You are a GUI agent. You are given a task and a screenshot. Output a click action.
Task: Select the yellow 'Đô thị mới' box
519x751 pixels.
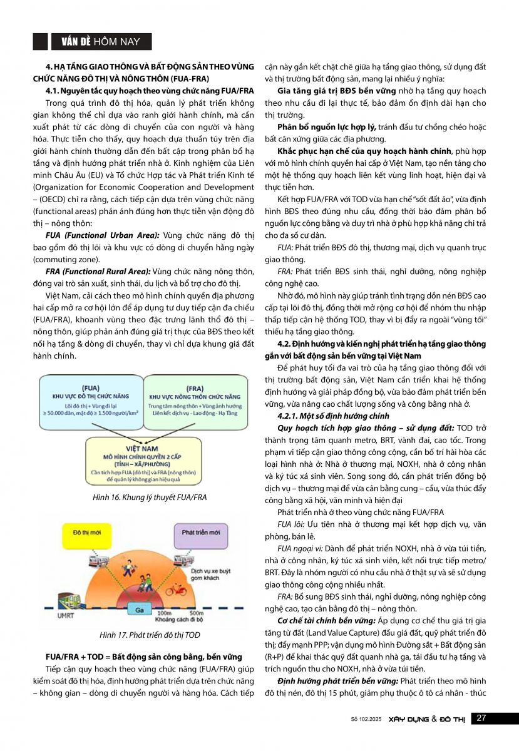84,532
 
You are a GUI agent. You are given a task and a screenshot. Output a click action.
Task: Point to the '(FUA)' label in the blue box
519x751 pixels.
90,386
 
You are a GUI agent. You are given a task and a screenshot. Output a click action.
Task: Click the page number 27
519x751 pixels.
481,718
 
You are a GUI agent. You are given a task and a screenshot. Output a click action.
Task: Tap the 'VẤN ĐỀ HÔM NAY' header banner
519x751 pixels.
101,42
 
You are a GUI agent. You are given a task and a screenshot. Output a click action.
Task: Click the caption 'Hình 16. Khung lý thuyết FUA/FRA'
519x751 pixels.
149,498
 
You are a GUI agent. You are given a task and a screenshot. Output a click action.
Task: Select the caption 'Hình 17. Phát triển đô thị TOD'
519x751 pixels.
150,635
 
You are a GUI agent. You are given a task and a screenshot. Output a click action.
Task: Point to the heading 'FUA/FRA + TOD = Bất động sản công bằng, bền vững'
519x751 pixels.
143,656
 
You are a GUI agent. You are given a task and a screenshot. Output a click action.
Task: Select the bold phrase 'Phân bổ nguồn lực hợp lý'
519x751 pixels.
322,127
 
